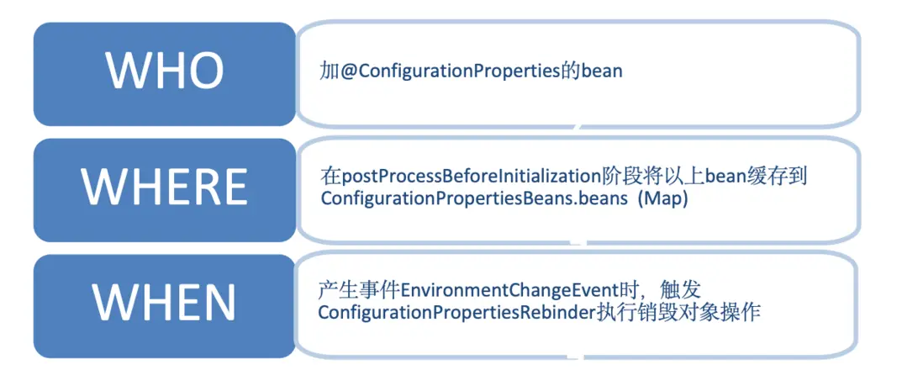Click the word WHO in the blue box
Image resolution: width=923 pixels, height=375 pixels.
click(165, 71)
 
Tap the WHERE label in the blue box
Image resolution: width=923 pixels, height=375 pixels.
click(165, 187)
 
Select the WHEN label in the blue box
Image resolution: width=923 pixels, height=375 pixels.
click(165, 303)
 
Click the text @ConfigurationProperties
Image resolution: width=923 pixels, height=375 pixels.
click(456, 71)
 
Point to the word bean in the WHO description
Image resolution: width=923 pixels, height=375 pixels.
click(602, 71)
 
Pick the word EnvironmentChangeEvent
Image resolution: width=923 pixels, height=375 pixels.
click(510, 290)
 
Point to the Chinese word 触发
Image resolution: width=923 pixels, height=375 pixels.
click(682, 290)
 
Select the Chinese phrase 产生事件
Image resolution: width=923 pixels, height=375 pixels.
click(358, 290)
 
